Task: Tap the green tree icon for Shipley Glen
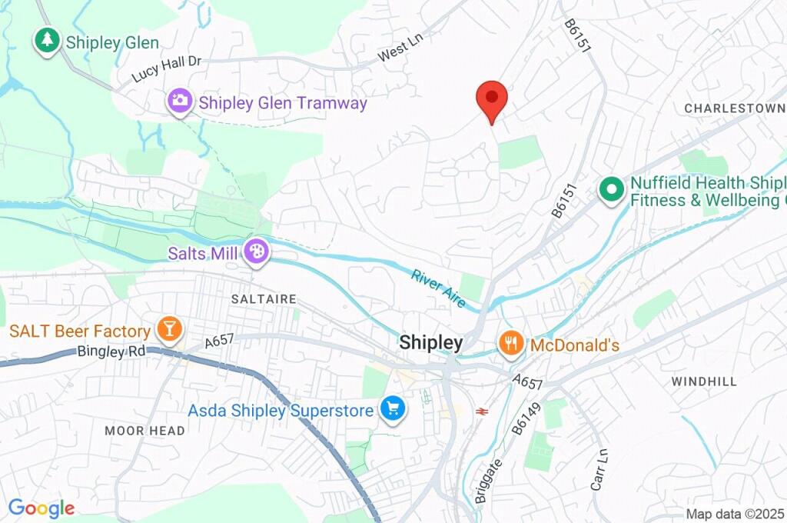pyautogui.click(x=47, y=42)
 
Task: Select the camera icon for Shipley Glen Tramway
pyautogui.click(x=180, y=101)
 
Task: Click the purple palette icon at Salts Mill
pyautogui.click(x=254, y=252)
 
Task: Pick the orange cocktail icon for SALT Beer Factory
pyautogui.click(x=168, y=330)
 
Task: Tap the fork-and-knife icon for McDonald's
pyautogui.click(x=510, y=344)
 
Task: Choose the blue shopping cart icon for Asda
pyautogui.click(x=393, y=409)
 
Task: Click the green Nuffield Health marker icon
pyautogui.click(x=611, y=189)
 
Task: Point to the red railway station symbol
pyautogui.click(x=482, y=411)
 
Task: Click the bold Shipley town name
pyautogui.click(x=431, y=343)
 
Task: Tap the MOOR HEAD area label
pyautogui.click(x=144, y=431)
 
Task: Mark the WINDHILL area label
pyautogui.click(x=703, y=381)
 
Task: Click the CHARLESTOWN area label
pyautogui.click(x=734, y=108)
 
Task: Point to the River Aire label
pyautogui.click(x=439, y=288)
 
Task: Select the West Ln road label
pyautogui.click(x=400, y=52)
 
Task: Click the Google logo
pyautogui.click(x=42, y=508)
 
